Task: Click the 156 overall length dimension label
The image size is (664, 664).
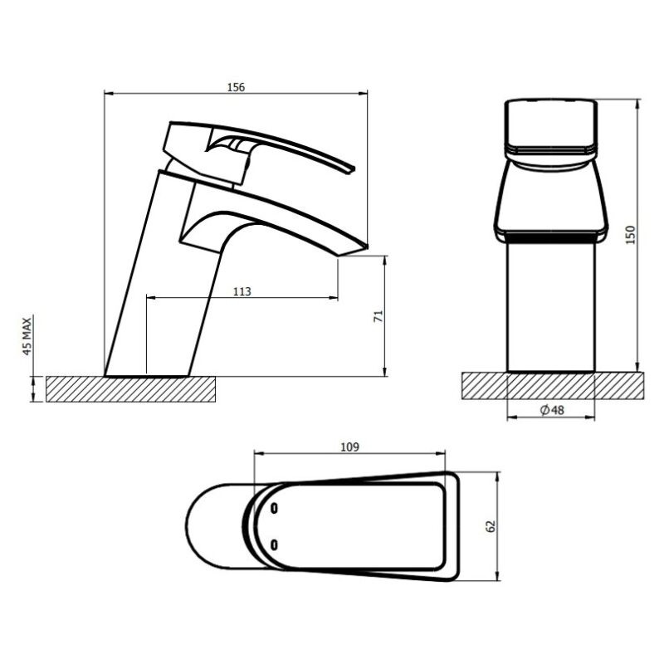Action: coord(236,86)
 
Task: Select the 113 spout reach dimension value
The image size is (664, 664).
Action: coord(242,291)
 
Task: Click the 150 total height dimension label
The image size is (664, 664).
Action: coord(630,235)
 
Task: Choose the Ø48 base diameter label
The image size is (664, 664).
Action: coord(550,410)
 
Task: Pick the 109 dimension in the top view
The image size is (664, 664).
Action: coord(349,447)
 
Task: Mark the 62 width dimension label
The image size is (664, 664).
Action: coord(491,525)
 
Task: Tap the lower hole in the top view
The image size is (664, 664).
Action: coord(274,544)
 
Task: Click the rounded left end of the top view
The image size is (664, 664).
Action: coord(193,525)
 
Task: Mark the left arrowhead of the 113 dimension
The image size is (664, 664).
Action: coord(149,297)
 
